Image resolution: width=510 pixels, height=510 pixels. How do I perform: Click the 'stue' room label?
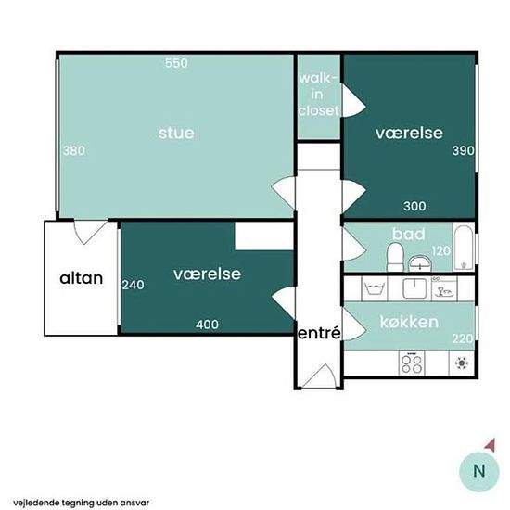click(x=176, y=133)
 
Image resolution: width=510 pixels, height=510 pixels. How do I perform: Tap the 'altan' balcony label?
click(x=81, y=277)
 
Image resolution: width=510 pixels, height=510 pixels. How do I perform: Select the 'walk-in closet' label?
click(x=318, y=94)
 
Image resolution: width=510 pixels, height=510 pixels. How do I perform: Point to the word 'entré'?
click(x=318, y=333)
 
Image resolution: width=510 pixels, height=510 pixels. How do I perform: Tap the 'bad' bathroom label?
click(x=408, y=233)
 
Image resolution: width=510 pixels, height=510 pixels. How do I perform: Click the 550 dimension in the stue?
click(x=176, y=63)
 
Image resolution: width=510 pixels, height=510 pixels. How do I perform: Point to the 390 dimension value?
click(x=462, y=150)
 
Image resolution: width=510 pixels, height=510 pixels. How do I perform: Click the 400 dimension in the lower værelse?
click(x=208, y=325)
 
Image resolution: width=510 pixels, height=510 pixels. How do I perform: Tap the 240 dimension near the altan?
click(x=133, y=286)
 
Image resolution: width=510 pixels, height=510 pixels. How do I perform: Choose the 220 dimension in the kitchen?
click(x=462, y=338)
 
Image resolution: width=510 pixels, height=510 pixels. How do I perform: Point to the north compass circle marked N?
click(x=478, y=470)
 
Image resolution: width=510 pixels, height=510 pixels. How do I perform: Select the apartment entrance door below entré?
click(x=321, y=376)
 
